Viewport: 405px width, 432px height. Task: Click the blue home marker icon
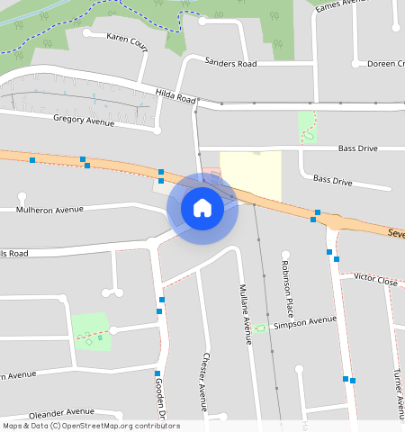coord(202,208)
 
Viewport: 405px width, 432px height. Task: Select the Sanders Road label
coord(230,63)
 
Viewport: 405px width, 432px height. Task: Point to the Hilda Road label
coord(175,97)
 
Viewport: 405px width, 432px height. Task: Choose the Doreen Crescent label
coord(385,64)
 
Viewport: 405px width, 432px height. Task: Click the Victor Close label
coord(375,281)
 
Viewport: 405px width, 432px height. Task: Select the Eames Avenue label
coord(344,4)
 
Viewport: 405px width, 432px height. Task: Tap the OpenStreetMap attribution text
coord(91,426)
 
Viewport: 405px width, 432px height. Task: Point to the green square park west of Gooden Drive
coord(90,331)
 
